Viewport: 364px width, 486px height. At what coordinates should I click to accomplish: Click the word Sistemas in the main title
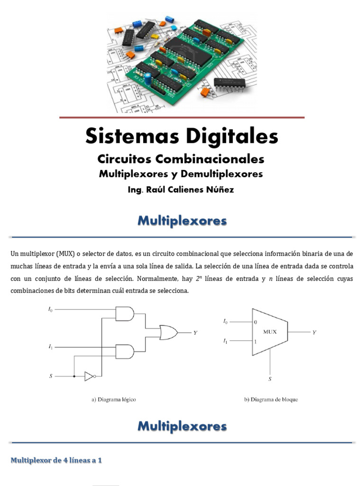(132, 136)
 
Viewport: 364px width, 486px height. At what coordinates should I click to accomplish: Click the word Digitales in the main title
(232, 137)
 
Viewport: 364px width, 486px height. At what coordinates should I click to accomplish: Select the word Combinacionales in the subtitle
(210, 159)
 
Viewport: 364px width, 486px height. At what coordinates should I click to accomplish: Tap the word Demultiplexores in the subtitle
(222, 174)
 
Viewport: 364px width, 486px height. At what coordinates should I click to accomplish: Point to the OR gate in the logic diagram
(169, 333)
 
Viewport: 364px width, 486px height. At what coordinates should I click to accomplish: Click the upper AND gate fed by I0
(125, 314)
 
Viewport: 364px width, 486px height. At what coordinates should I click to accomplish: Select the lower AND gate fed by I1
(125, 352)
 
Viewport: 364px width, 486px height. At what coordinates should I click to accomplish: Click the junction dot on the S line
(74, 376)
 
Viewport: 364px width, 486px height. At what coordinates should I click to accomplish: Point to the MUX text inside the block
(270, 332)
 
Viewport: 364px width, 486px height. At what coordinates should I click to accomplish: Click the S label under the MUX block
(270, 379)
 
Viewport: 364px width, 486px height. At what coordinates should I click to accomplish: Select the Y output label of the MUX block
(315, 332)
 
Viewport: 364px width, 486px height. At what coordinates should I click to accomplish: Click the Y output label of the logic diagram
(195, 333)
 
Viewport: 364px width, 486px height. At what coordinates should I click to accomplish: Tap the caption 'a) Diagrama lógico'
(114, 400)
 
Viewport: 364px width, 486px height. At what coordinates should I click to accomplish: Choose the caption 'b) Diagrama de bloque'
(271, 400)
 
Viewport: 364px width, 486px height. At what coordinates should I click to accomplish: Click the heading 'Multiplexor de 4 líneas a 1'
(56, 460)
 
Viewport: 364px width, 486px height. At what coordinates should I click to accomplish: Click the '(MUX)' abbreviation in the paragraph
(65, 254)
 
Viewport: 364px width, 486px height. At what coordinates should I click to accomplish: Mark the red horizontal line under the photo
(182, 118)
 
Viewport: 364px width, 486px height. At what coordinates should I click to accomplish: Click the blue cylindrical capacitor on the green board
(148, 79)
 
